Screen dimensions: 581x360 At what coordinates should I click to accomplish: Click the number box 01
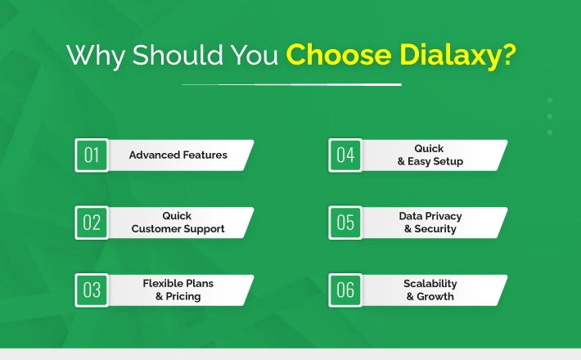click(92, 155)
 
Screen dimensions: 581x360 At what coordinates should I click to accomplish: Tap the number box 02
click(92, 223)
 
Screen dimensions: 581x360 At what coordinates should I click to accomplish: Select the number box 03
click(92, 290)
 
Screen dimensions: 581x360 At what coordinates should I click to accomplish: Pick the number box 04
click(345, 155)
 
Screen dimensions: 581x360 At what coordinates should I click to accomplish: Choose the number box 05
click(345, 223)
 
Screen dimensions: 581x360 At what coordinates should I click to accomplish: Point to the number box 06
click(345, 290)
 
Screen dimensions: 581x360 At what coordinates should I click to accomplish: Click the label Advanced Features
click(178, 155)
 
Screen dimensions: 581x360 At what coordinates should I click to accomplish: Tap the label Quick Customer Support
click(178, 223)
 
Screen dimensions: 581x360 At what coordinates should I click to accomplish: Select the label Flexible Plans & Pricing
click(178, 290)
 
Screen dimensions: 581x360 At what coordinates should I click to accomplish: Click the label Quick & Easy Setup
click(430, 155)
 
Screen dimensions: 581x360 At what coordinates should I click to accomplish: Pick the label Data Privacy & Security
click(430, 223)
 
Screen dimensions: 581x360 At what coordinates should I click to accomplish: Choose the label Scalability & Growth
click(430, 290)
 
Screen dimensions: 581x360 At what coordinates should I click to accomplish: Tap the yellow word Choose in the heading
click(339, 55)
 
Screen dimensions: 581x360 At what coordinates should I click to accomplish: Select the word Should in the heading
click(178, 55)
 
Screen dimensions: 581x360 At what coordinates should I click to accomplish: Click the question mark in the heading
click(508, 55)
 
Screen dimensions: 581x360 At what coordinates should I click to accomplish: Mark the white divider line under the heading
click(291, 85)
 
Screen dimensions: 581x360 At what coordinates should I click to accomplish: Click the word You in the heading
click(254, 55)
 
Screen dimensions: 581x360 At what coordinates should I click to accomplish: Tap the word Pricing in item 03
click(183, 296)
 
